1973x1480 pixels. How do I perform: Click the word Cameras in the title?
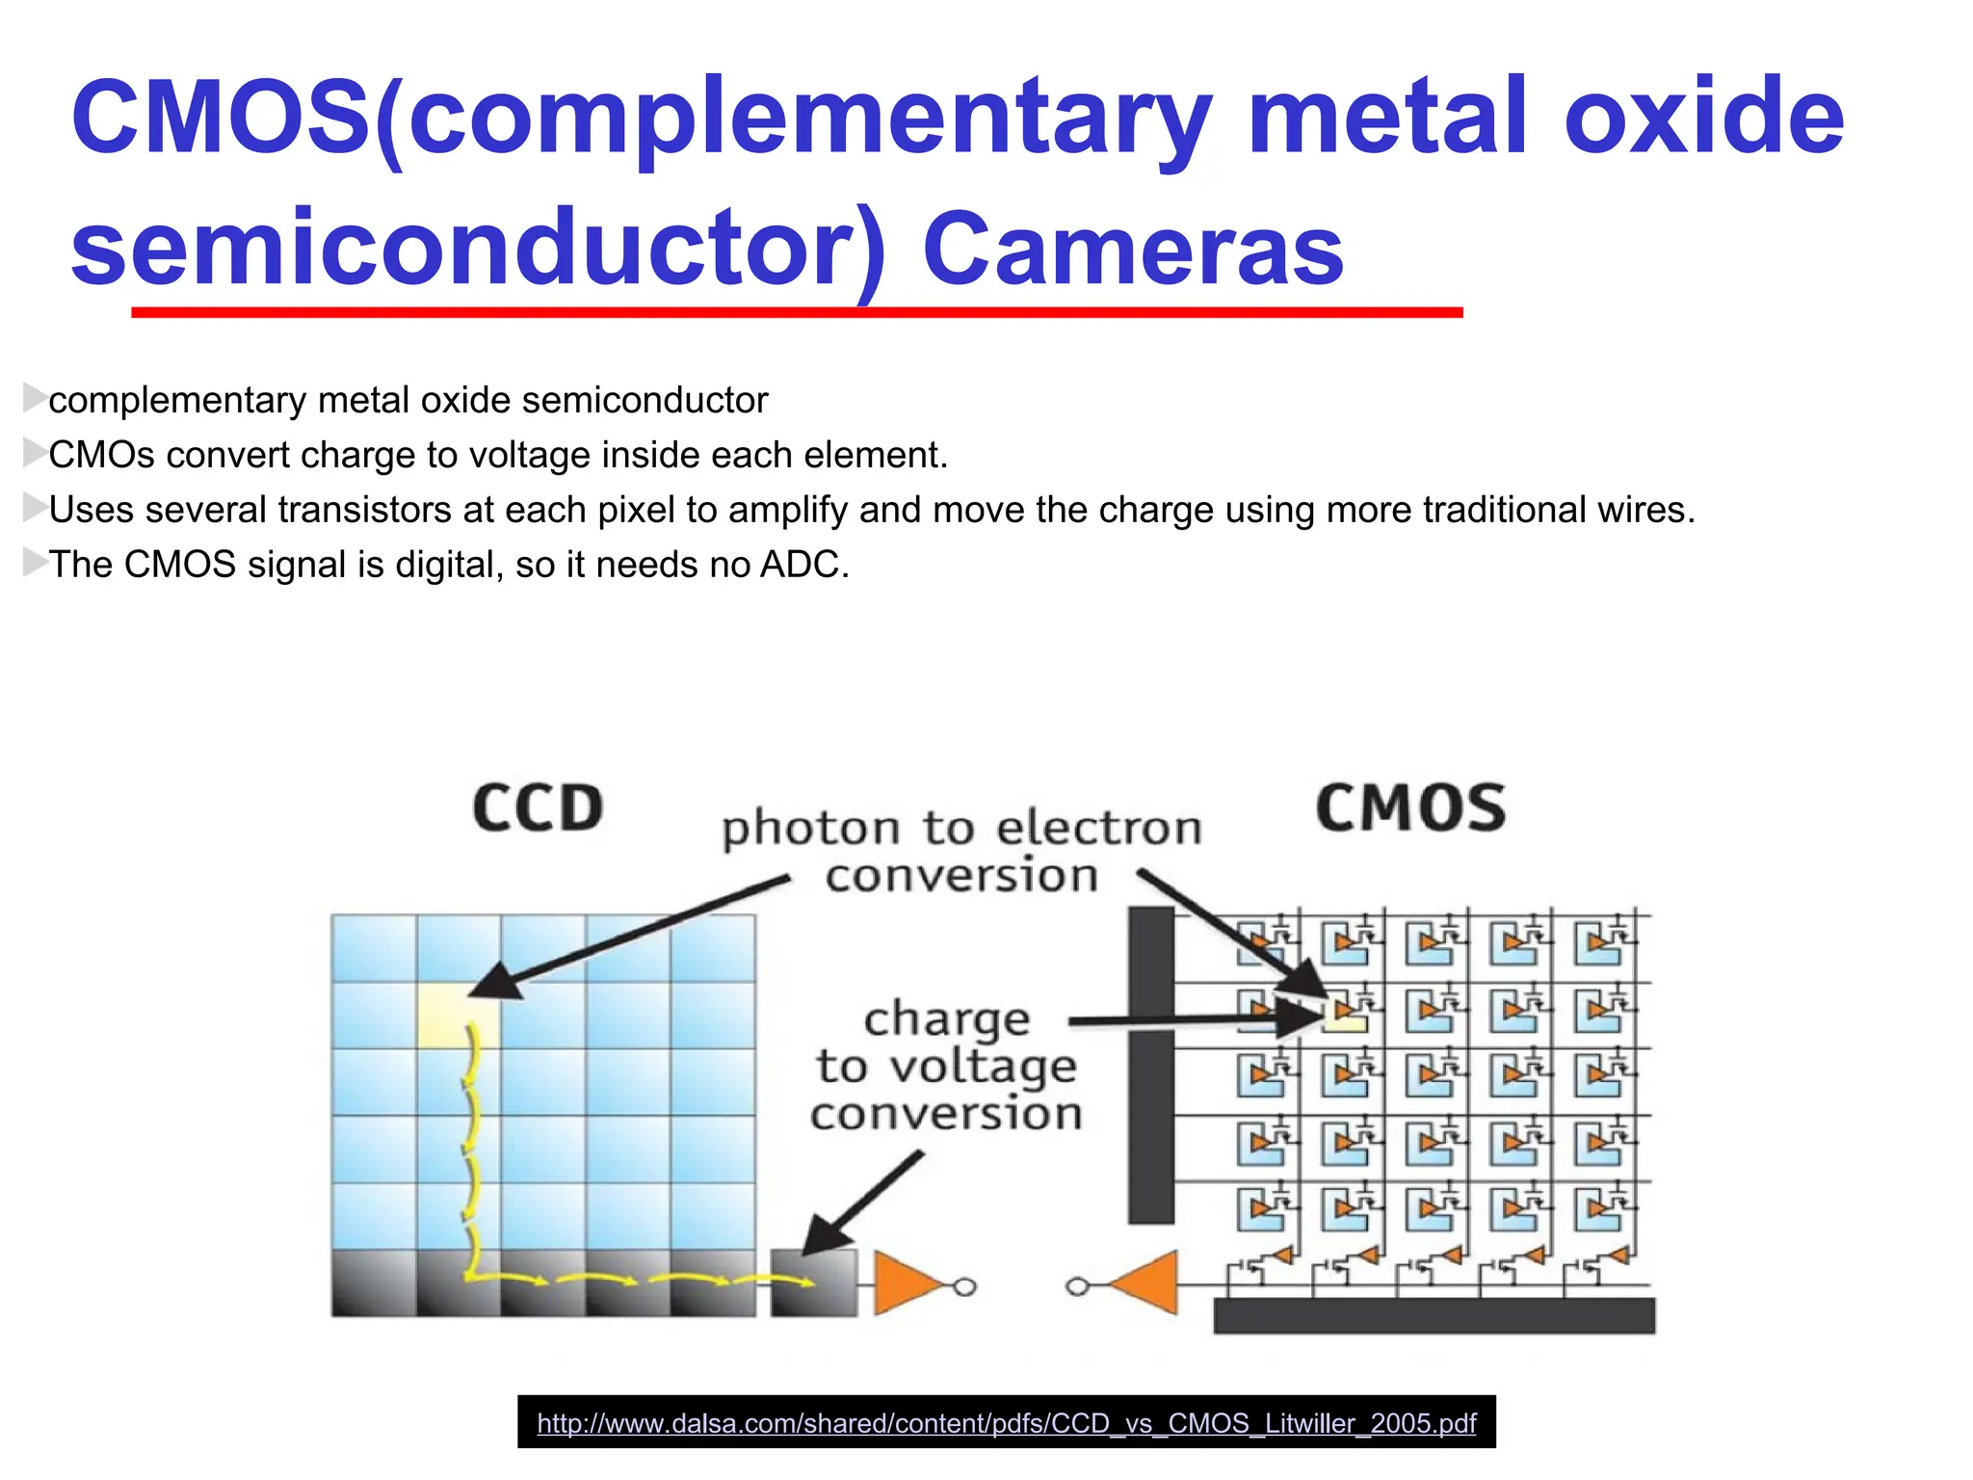1132,249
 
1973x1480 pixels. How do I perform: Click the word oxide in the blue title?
1703,118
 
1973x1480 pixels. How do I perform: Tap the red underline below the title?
797,312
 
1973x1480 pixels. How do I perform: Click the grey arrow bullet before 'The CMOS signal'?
35,562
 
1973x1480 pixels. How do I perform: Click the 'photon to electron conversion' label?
961,851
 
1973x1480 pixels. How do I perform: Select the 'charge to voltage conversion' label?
946,1066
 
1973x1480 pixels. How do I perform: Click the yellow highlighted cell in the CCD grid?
458,1014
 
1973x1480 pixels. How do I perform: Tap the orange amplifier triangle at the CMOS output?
1148,1283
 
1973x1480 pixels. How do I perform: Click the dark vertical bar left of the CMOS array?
1150,1065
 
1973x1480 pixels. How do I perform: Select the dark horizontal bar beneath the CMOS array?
1434,1315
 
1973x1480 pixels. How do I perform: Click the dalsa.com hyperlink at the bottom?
1006,1423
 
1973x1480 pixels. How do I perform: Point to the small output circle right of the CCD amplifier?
964,1286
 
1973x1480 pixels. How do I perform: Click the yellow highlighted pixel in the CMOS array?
1346,1015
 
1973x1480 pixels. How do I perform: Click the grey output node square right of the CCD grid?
814,1283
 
